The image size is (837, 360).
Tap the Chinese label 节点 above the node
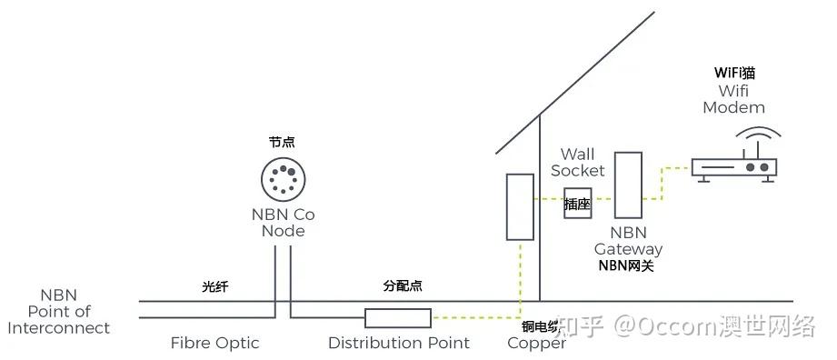[282, 143]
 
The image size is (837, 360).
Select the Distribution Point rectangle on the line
[397, 317]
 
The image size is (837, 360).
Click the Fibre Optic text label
[215, 344]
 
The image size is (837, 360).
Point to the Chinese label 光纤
[215, 287]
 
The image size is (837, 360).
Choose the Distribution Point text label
[399, 344]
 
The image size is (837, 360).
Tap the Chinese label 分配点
[403, 286]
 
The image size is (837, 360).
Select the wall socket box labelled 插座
[577, 205]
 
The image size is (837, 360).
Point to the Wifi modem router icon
[733, 168]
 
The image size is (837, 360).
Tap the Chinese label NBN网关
[626, 266]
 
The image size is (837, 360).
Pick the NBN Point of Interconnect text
[59, 312]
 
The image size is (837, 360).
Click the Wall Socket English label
[577, 162]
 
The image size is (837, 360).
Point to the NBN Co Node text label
[283, 223]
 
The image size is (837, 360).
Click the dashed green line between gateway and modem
[666, 178]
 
